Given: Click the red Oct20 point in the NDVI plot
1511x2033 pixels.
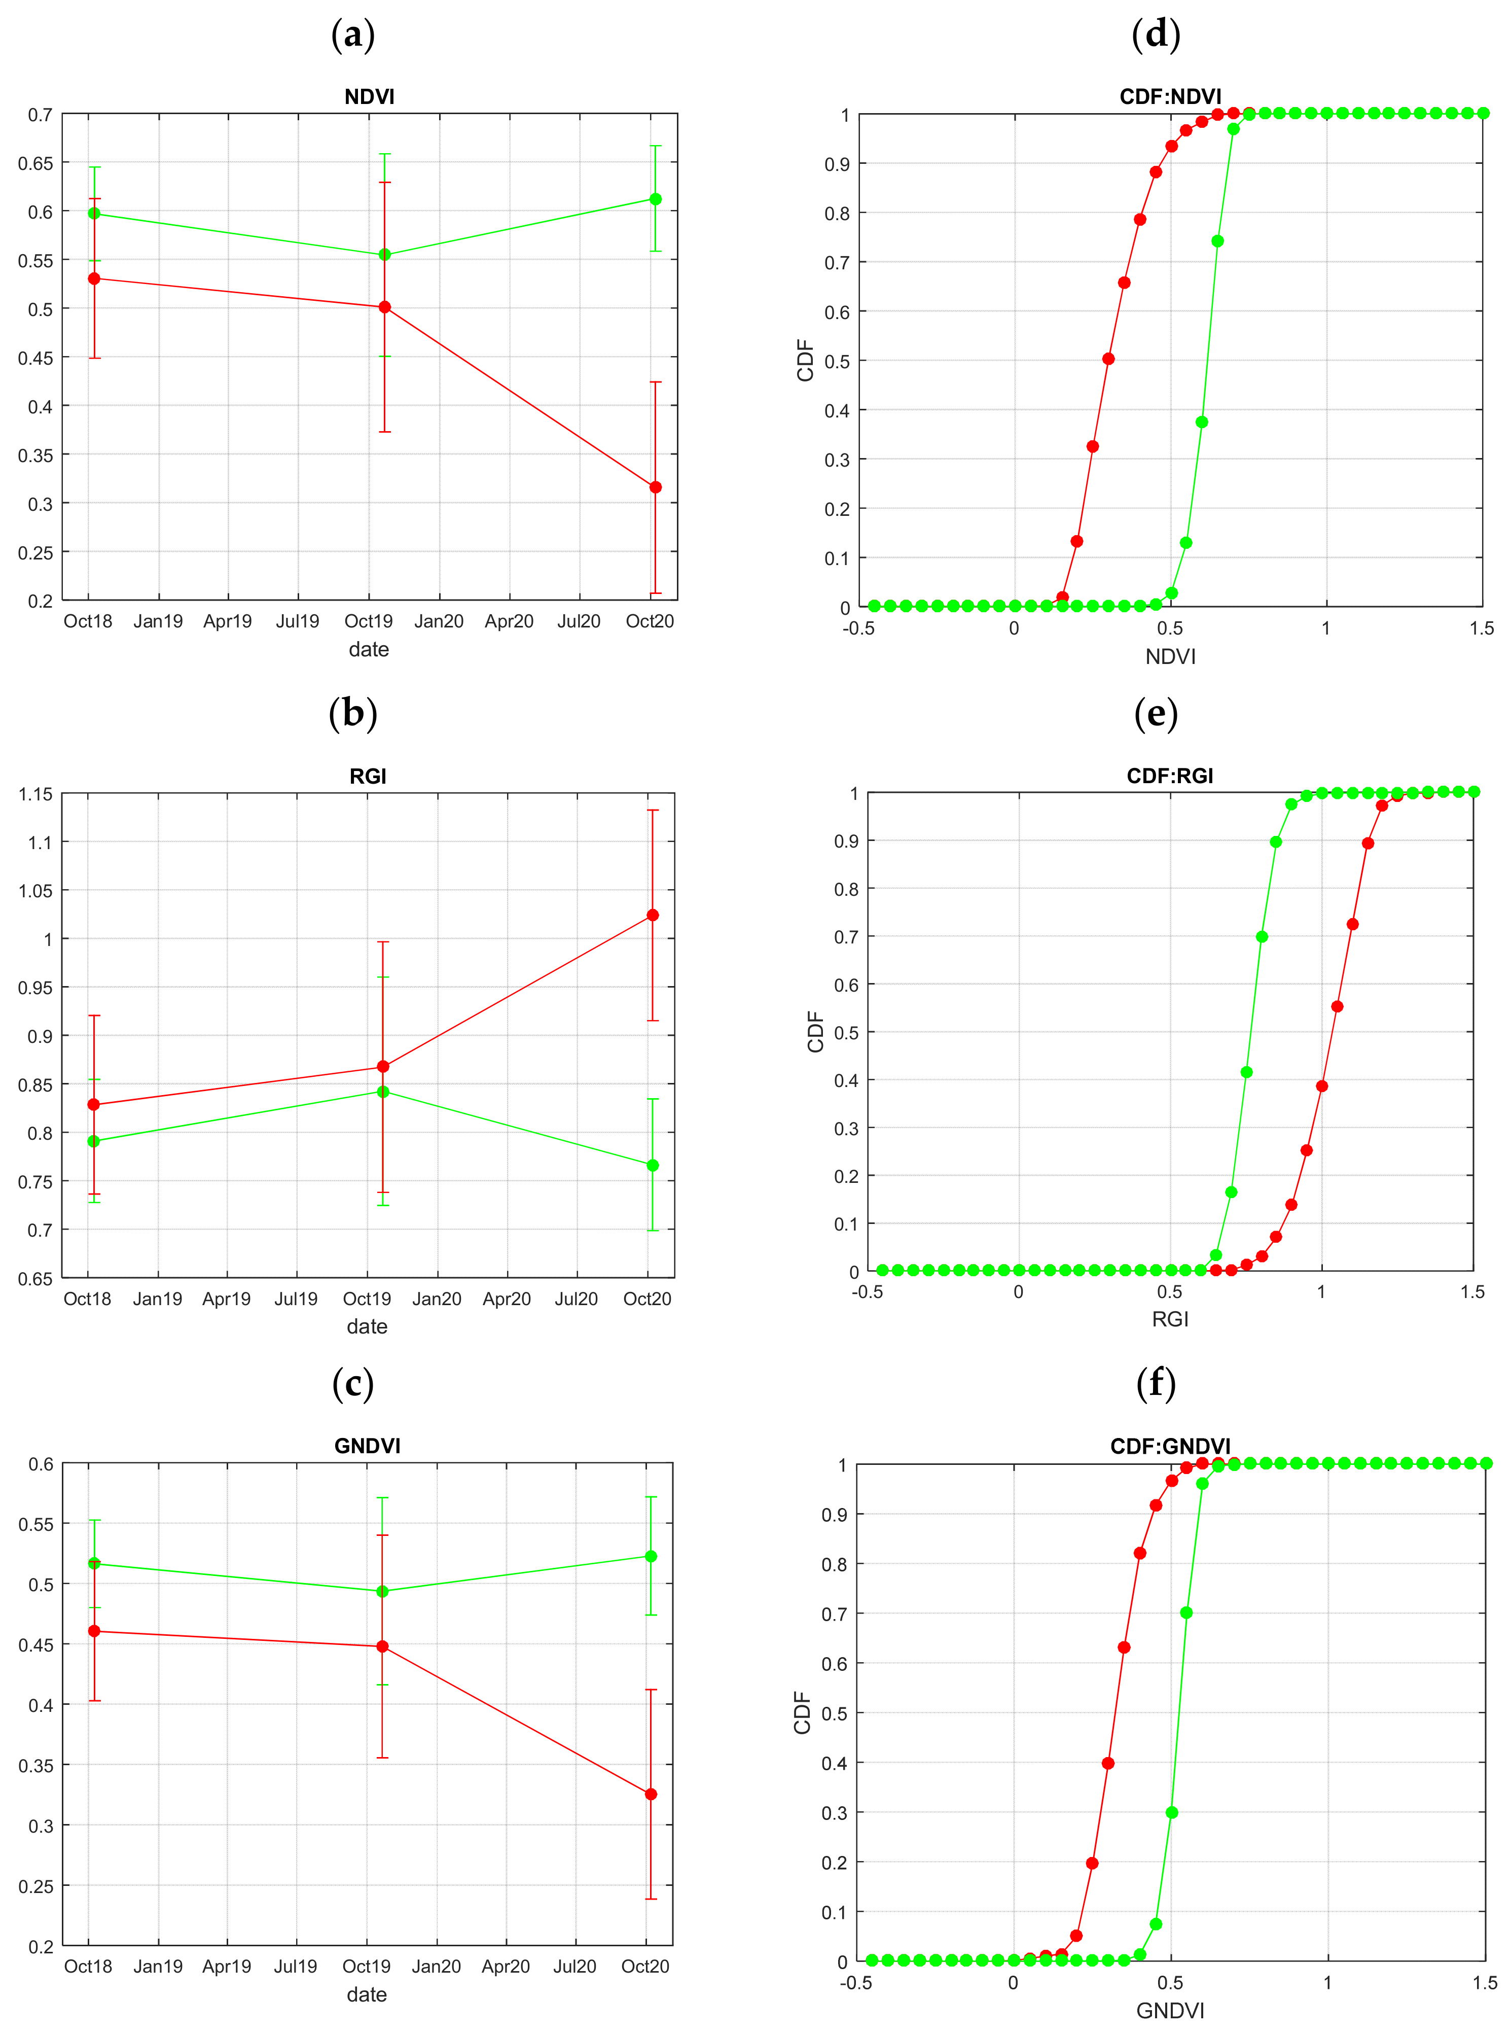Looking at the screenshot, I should click(x=655, y=487).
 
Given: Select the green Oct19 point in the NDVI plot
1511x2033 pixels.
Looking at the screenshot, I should click(x=385, y=254).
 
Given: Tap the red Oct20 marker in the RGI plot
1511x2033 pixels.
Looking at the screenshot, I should click(x=652, y=915).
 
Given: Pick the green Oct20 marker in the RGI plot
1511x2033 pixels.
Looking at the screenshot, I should click(x=652, y=1165).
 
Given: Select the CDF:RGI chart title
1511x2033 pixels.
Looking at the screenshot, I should click(x=1170, y=776).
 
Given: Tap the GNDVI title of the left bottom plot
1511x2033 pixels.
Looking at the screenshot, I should click(x=367, y=1446).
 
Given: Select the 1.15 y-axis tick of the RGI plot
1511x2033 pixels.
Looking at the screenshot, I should click(x=35, y=794).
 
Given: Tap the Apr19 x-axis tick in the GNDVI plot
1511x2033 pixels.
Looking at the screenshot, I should click(x=226, y=1966).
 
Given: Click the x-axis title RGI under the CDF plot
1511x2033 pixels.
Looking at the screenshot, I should click(x=1170, y=1318).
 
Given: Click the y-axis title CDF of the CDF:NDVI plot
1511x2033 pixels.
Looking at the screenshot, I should click(x=805, y=361).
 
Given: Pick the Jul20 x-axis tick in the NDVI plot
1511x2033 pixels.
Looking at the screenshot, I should click(x=579, y=621).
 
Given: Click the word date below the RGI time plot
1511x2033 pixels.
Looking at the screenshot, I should click(x=367, y=1326).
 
